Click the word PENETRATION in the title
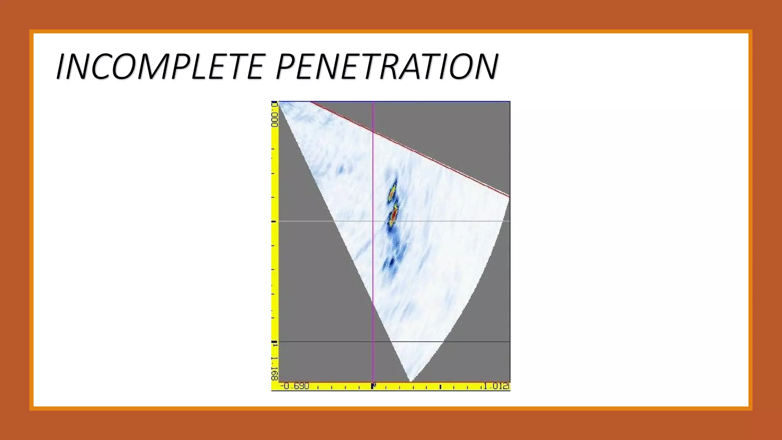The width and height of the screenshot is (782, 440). [387, 66]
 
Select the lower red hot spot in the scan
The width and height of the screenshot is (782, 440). [394, 215]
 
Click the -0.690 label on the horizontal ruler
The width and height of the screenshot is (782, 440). [295, 386]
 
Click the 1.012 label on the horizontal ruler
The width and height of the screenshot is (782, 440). [496, 386]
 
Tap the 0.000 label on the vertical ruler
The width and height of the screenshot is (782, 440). [274, 116]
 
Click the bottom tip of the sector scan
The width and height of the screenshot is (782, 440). [410, 381]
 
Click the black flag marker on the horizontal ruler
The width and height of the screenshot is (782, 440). [373, 386]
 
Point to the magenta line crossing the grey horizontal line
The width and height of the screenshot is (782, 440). [373, 221]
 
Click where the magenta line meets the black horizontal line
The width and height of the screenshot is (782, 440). [373, 341]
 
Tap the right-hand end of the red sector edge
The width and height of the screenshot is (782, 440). [509, 196]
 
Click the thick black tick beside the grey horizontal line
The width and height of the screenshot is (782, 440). [273, 221]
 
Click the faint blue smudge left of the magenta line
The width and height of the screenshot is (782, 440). [340, 169]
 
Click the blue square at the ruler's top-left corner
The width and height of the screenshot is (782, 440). [274, 103]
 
